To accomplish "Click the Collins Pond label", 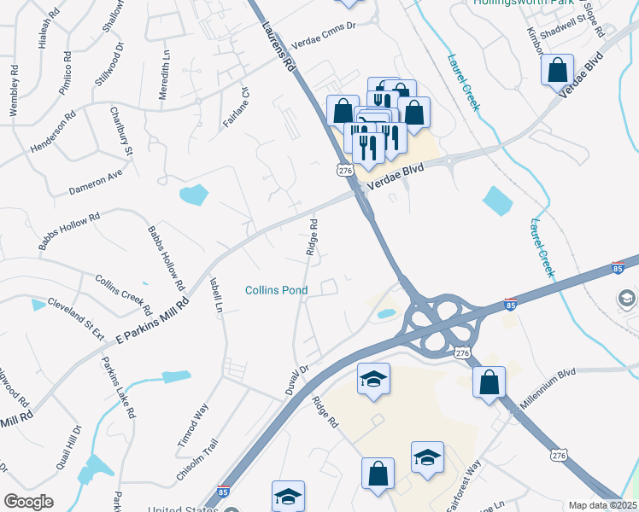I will pos(276,290).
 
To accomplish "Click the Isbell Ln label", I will pos(216,294).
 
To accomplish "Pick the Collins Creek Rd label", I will pos(123,294).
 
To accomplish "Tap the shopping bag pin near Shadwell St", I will pos(558,71).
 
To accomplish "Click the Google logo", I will pos(28,502).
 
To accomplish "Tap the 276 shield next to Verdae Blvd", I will pos(345,171).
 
